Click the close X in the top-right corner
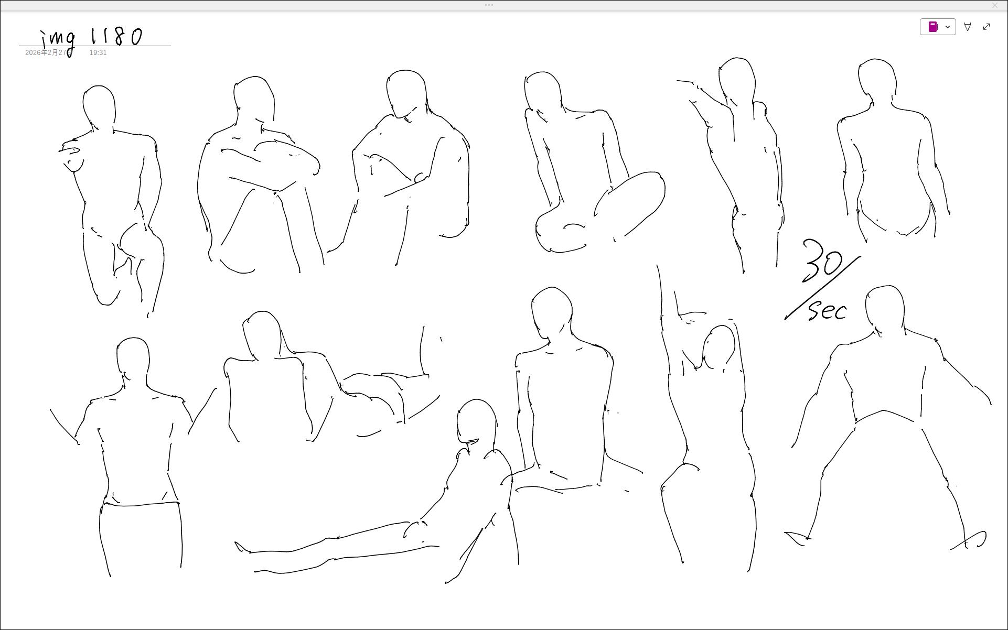pos(995,5)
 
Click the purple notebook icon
pos(933,27)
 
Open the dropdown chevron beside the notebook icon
pos(948,27)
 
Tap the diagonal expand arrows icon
pos(986,27)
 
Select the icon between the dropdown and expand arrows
pos(968,27)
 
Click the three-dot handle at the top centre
pos(489,5)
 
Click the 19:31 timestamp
pos(98,53)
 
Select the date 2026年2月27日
pos(48,53)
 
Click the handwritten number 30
pos(822,260)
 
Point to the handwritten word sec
pos(828,310)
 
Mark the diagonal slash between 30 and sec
pos(822,288)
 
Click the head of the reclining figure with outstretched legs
pos(477,422)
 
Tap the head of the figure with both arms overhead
pos(719,347)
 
